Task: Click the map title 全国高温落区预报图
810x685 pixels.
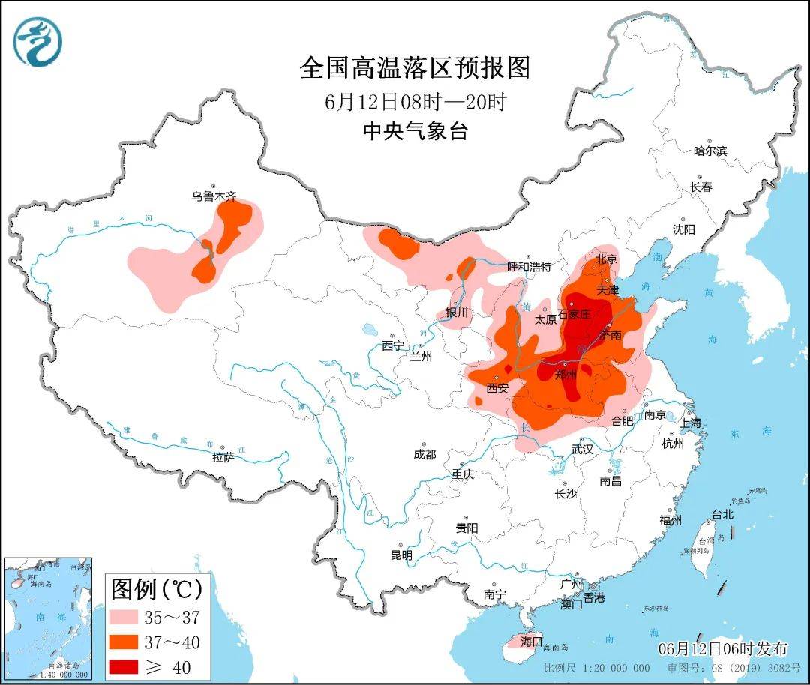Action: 414,68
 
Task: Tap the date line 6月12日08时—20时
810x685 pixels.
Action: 415,102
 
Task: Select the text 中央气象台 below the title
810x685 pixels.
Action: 415,132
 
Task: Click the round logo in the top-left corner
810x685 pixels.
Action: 37,42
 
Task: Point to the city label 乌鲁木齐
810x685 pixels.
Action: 213,196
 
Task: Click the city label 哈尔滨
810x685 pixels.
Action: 709,151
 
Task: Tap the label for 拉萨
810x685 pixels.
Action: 223,456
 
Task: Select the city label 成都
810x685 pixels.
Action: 424,454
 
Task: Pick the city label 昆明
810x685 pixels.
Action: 401,555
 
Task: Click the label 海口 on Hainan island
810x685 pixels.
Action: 531,642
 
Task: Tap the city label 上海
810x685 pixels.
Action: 691,423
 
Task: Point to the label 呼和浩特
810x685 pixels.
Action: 529,267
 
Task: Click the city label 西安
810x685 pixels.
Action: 497,388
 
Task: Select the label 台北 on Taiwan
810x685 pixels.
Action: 723,515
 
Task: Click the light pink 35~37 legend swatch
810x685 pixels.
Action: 130,617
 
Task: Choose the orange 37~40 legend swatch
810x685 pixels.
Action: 130,642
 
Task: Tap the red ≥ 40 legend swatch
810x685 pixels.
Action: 130,666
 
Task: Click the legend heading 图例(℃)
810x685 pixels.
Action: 157,590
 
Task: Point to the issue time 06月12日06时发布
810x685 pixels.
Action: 723,648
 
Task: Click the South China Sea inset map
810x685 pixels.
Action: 48,618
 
